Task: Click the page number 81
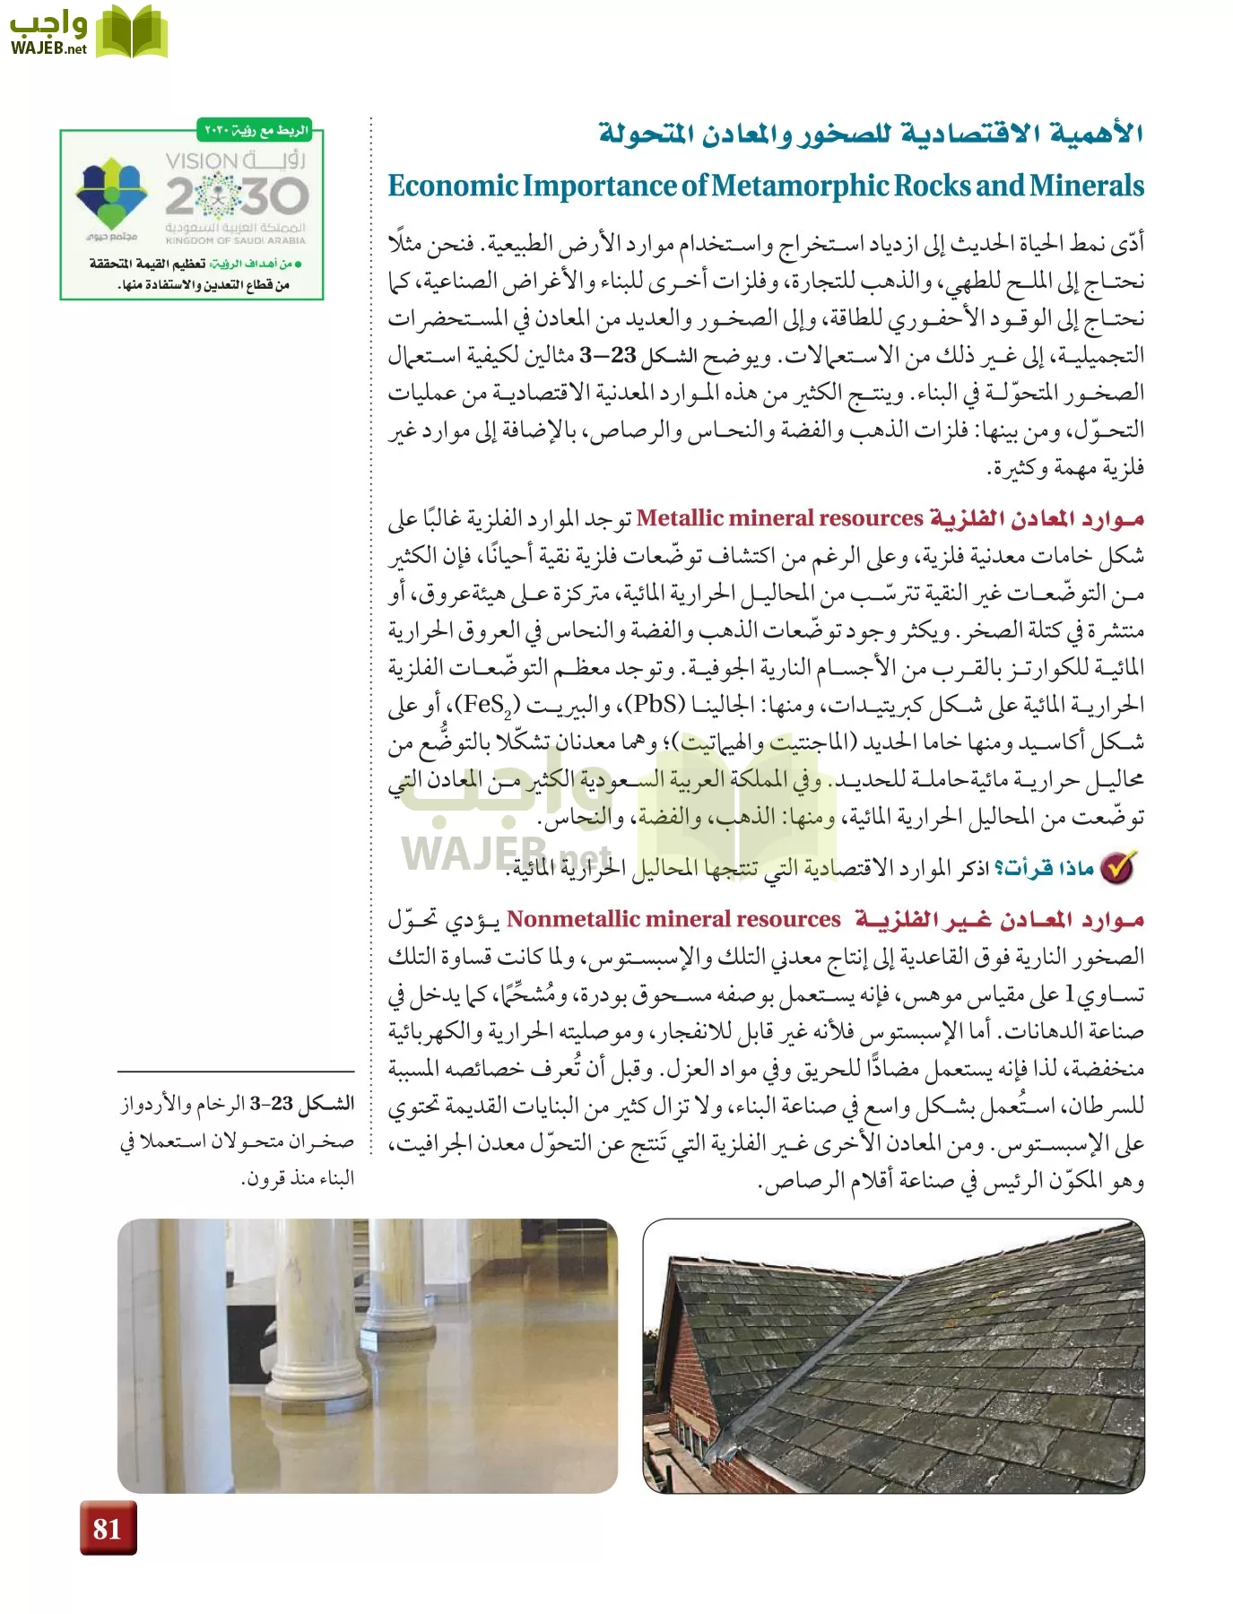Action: tap(107, 1527)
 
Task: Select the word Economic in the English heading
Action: tap(453, 186)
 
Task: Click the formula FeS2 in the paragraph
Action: tap(489, 705)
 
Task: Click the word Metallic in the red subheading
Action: tap(679, 518)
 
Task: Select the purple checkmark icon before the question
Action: tap(1118, 867)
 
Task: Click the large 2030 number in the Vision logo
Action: tap(238, 195)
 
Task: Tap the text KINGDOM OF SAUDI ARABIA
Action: tap(235, 240)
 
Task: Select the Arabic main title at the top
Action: tap(870, 134)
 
